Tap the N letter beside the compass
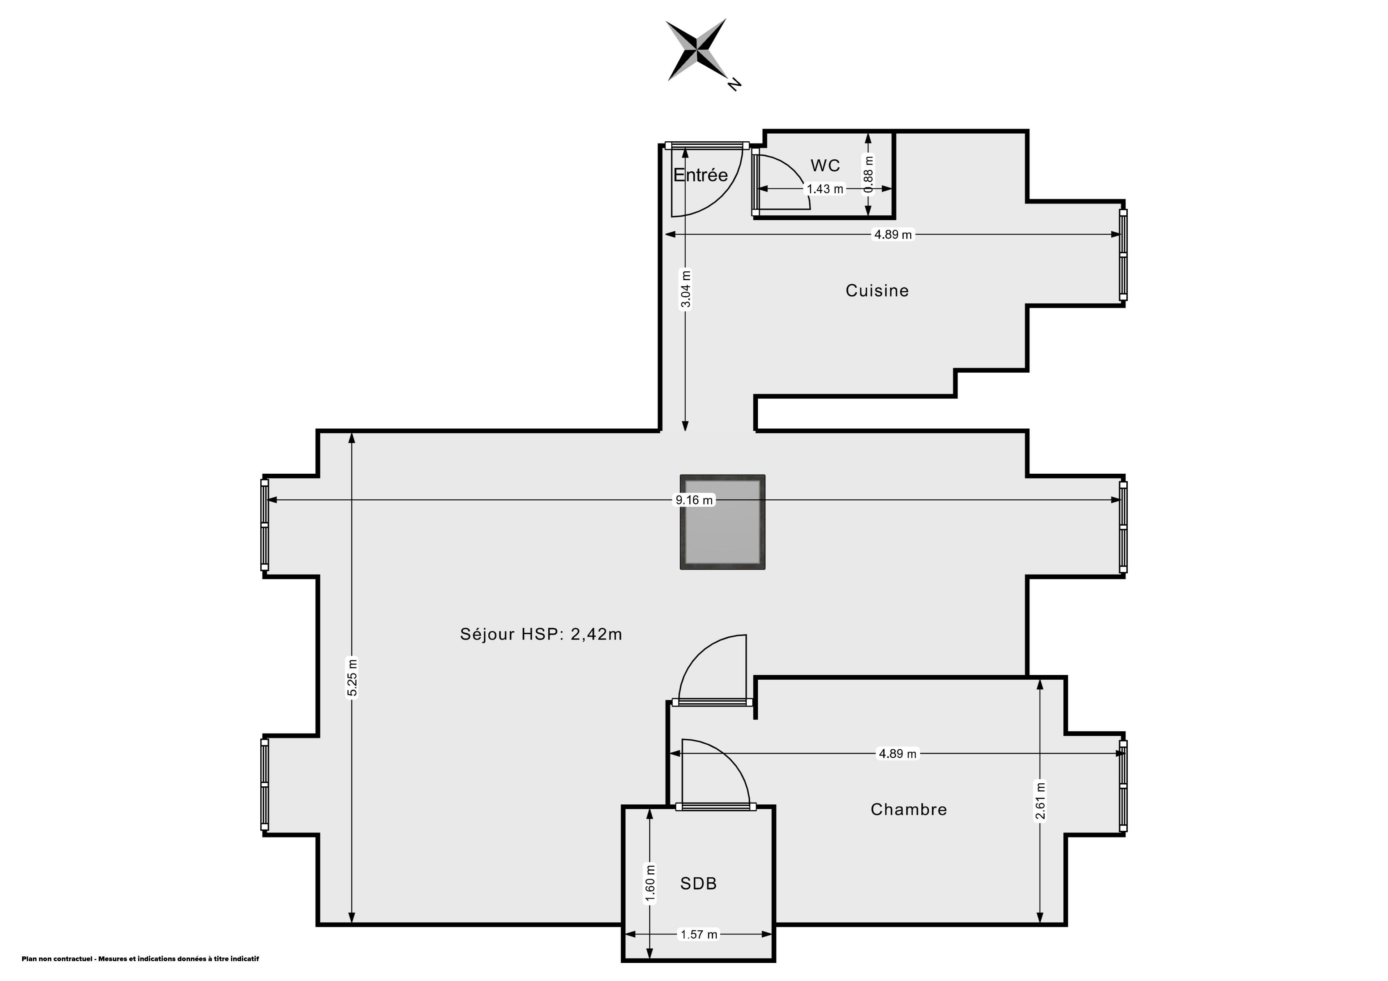click(x=734, y=84)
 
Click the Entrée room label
click(x=700, y=175)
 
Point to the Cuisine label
click(x=877, y=291)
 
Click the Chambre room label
click(x=909, y=809)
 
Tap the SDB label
click(x=698, y=884)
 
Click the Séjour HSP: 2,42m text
click(x=541, y=634)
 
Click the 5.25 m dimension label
click(x=352, y=677)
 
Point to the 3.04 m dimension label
click(x=686, y=288)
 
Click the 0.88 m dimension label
click(x=869, y=175)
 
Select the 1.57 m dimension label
click(x=699, y=934)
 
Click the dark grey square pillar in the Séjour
click(x=723, y=522)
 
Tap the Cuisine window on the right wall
click(x=1123, y=254)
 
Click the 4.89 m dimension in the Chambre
click(x=897, y=754)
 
